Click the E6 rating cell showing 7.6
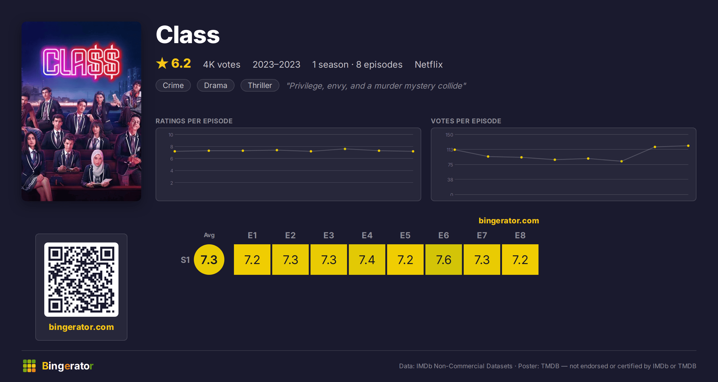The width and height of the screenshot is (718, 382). click(x=444, y=260)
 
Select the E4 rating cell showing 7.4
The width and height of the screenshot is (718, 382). click(x=367, y=260)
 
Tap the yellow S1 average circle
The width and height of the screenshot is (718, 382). click(x=209, y=260)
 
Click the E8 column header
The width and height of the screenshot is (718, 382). click(x=520, y=235)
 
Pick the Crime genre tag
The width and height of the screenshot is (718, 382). click(x=173, y=85)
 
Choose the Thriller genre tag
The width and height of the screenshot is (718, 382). click(x=260, y=85)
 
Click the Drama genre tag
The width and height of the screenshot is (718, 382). click(x=216, y=85)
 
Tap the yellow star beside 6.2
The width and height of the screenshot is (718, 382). click(x=162, y=63)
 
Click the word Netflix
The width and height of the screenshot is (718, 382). click(x=429, y=64)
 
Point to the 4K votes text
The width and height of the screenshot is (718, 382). click(x=222, y=64)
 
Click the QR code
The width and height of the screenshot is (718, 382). click(x=81, y=280)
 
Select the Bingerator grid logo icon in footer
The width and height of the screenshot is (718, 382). click(x=29, y=366)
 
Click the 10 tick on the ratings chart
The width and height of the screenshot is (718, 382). click(x=171, y=135)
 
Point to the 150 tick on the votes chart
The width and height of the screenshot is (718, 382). click(x=449, y=135)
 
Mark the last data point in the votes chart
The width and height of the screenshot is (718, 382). click(x=688, y=146)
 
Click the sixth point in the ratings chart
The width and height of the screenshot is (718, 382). click(x=345, y=149)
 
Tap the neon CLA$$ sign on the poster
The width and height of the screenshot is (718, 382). click(x=81, y=62)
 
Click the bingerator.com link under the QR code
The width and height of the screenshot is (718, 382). click(x=81, y=327)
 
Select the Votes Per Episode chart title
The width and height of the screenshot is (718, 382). click(x=466, y=121)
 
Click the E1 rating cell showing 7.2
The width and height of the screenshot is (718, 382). click(x=252, y=260)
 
